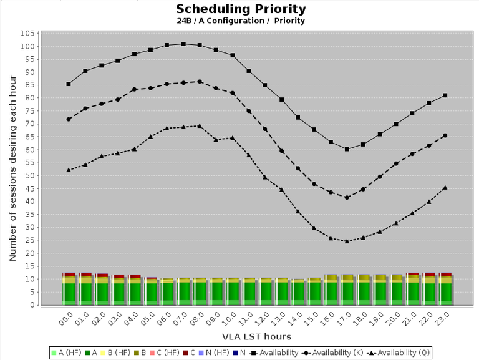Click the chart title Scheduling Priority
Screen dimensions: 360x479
point(241,9)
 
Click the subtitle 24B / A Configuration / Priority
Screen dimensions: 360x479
point(241,21)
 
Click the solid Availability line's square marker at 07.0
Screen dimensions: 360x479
point(183,44)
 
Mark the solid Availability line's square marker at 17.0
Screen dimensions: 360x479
point(347,149)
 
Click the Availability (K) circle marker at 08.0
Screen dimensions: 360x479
point(200,81)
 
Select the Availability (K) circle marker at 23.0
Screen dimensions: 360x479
point(445,135)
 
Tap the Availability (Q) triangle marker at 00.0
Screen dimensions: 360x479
point(69,170)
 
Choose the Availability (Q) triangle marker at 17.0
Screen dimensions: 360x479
point(347,241)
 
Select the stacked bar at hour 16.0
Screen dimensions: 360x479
point(331,289)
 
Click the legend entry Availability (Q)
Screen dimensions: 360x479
point(400,353)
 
